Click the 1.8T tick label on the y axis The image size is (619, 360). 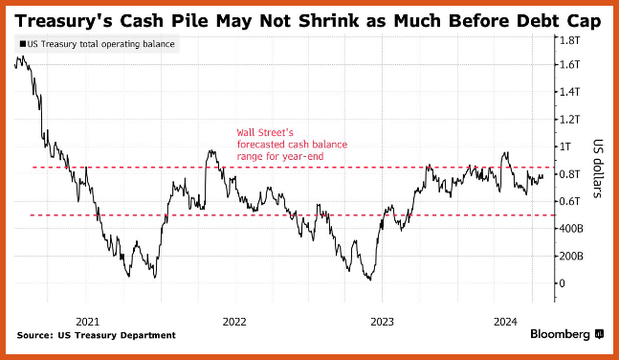(569, 40)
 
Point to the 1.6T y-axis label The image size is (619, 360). (569, 64)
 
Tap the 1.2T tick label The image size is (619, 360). (569, 119)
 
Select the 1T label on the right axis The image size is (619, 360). (565, 146)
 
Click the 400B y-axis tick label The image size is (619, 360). (571, 229)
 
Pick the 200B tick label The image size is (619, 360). (571, 256)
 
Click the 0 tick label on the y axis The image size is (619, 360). (563, 283)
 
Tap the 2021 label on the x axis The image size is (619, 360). (88, 322)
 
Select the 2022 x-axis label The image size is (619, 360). (234, 322)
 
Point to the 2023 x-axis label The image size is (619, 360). (382, 322)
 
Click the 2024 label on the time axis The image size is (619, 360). (505, 322)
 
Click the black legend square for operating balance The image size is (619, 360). (23, 44)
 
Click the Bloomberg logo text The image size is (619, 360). (560, 334)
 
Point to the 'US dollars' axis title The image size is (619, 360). (598, 169)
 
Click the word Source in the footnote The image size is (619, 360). (34, 335)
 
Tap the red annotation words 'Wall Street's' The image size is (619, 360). (265, 132)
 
